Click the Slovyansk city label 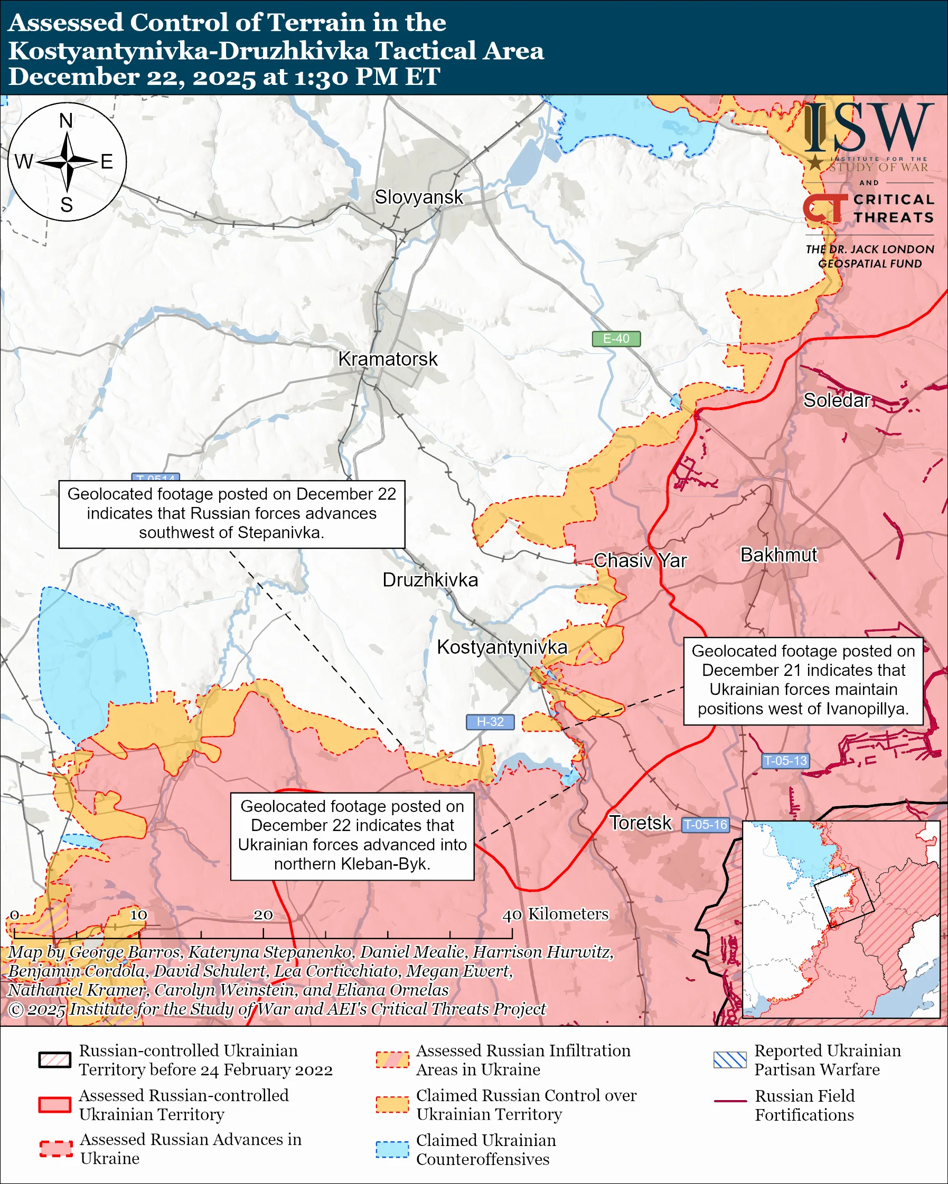(419, 197)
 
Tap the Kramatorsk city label (388, 359)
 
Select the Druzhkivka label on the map (430, 580)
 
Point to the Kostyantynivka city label (502, 647)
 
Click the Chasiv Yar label (640, 561)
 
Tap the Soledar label (837, 400)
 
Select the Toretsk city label (640, 823)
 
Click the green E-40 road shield (616, 339)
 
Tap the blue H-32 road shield (490, 722)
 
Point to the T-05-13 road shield (785, 761)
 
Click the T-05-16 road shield (705, 824)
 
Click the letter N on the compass (66, 120)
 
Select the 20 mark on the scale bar (262, 915)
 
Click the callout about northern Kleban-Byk (352, 836)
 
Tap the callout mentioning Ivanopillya (802, 681)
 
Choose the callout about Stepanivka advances (231, 513)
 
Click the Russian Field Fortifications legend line (730, 1101)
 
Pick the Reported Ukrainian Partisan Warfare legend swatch (730, 1060)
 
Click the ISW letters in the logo (868, 129)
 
